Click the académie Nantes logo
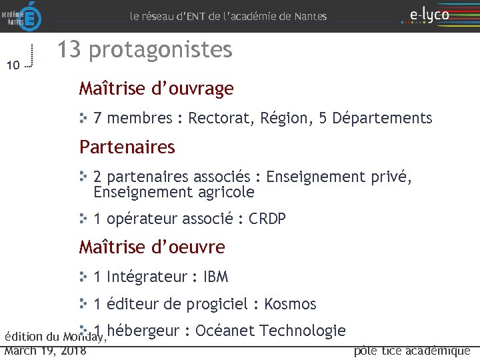pyautogui.click(x=22, y=15)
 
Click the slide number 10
pyautogui.click(x=13, y=65)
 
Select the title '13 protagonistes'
pyautogui.click(x=144, y=50)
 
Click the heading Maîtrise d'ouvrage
pyautogui.click(x=156, y=89)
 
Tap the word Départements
pyautogui.click(x=382, y=119)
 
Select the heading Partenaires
pyautogui.click(x=127, y=147)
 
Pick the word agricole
pyautogui.click(x=226, y=193)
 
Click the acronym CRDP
pyautogui.click(x=267, y=219)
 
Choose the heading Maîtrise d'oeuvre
pyautogui.click(x=152, y=247)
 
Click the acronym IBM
pyautogui.click(x=215, y=276)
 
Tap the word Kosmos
pyautogui.click(x=290, y=304)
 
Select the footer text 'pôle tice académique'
pyautogui.click(x=411, y=351)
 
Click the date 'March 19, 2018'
pyautogui.click(x=45, y=351)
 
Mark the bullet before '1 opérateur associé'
pyautogui.click(x=83, y=218)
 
